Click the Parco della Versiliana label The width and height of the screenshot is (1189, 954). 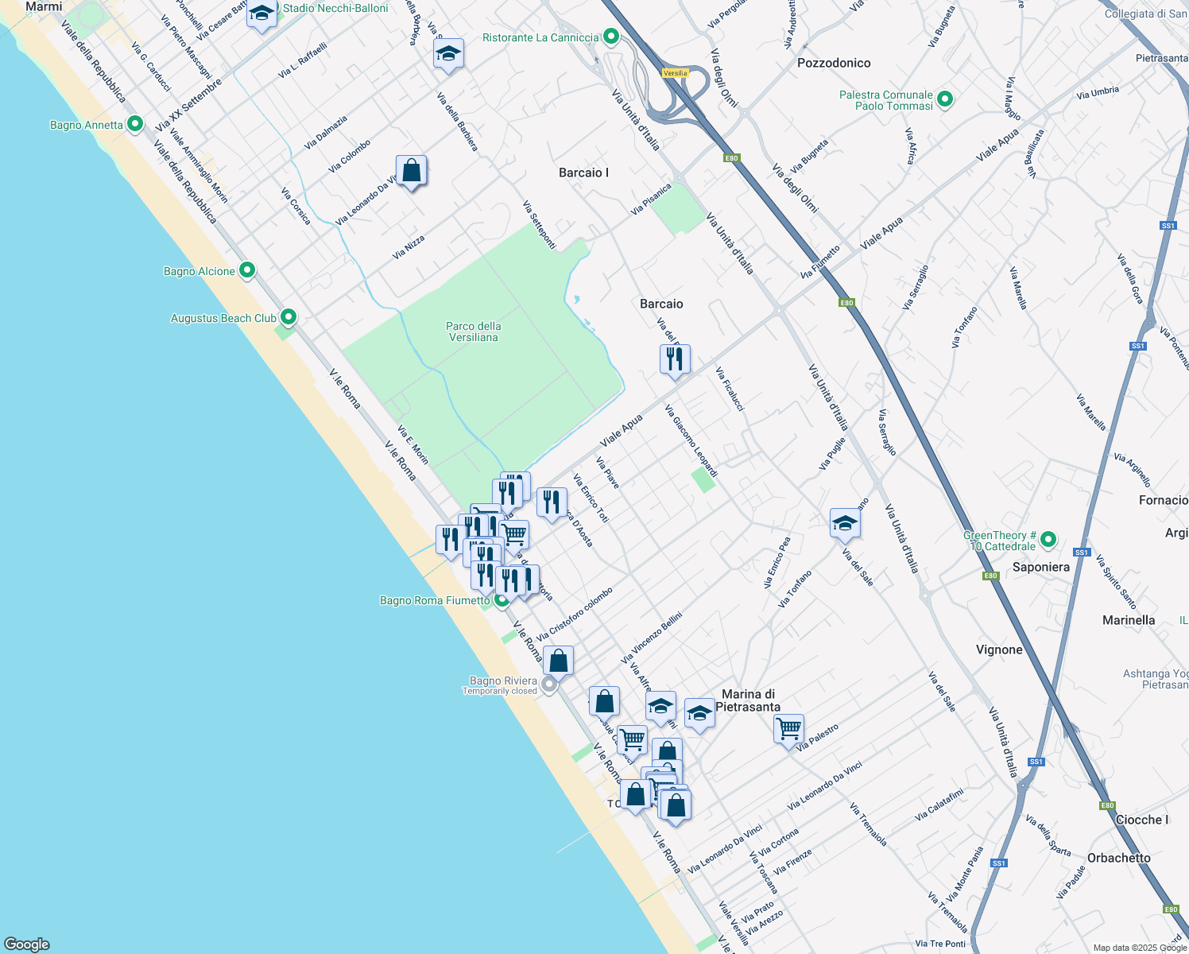click(x=473, y=332)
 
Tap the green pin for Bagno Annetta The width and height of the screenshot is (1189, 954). click(x=135, y=124)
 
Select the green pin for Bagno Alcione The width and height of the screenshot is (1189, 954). click(x=247, y=270)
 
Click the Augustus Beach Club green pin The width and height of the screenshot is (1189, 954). click(x=289, y=317)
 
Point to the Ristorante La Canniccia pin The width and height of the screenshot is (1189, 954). click(x=610, y=37)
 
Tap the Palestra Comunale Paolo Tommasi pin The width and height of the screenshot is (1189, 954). click(x=945, y=99)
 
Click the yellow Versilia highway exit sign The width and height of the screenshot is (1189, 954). click(x=675, y=73)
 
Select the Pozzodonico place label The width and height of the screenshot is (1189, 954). click(x=834, y=63)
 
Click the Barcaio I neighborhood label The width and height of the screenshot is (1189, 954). click(x=583, y=173)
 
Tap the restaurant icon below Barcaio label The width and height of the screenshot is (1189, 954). click(x=675, y=359)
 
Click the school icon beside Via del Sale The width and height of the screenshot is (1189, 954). click(x=845, y=523)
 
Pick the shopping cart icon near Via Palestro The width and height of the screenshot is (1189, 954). click(x=788, y=729)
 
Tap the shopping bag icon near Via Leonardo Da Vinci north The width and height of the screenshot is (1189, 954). click(x=411, y=170)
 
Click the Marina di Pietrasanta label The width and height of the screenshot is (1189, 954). click(x=748, y=700)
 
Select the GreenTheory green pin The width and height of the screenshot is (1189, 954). click(x=1048, y=540)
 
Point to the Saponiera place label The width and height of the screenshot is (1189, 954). click(x=1040, y=567)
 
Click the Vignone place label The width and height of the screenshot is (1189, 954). click(x=999, y=650)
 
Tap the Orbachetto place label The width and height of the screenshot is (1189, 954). click(x=1118, y=858)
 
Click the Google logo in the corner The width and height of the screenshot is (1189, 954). click(x=27, y=944)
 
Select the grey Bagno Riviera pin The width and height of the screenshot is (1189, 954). click(x=549, y=684)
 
